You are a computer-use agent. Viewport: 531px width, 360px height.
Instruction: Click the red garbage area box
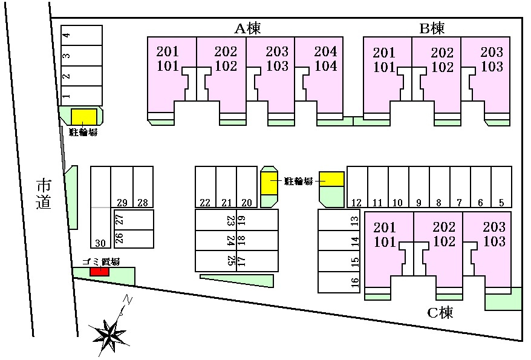[100, 271]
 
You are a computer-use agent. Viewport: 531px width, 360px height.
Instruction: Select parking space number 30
[100, 227]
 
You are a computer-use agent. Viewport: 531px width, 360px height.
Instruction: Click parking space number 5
[501, 186]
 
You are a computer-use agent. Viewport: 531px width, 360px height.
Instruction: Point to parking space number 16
[339, 282]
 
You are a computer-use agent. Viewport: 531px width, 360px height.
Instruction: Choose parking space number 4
[81, 35]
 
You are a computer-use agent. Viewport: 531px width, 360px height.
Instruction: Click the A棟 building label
[248, 28]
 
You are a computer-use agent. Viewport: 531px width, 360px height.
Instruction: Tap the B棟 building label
[432, 28]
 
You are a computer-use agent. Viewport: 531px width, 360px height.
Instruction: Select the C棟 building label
[440, 312]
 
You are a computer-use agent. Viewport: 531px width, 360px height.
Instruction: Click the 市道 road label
[44, 195]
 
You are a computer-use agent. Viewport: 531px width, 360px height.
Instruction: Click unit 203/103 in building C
[487, 250]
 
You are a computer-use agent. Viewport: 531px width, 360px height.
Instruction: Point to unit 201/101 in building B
[388, 75]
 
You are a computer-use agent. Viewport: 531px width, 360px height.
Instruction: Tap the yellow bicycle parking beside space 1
[84, 117]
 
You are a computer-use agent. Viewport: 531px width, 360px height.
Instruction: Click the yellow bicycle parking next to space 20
[269, 183]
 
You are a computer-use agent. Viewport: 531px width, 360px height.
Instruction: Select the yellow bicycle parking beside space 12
[332, 179]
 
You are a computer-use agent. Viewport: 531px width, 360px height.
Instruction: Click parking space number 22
[206, 186]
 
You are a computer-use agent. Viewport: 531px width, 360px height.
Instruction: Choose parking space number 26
[134, 239]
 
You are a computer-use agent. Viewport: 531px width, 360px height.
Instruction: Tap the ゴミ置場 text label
[101, 262]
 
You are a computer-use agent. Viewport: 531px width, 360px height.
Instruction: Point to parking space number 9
[419, 186]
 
